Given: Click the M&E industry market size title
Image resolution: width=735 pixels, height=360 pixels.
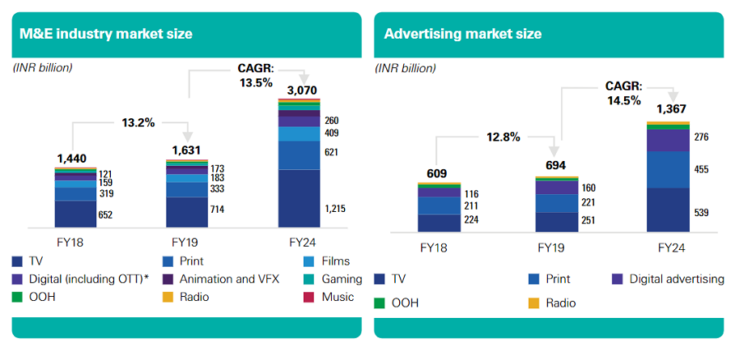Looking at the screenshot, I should click(105, 34).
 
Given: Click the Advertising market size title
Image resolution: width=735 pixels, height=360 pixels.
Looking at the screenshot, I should click(462, 34).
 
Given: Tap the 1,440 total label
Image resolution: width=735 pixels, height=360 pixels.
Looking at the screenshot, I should click(71, 159).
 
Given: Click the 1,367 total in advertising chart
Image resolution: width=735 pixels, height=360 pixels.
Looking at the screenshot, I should click(671, 109).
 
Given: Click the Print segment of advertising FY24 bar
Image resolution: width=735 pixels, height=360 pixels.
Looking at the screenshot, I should click(669, 170).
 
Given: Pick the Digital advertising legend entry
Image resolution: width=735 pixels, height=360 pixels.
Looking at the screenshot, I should click(669, 279).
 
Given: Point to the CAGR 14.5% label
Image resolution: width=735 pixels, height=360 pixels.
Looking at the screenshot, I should click(623, 93).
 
